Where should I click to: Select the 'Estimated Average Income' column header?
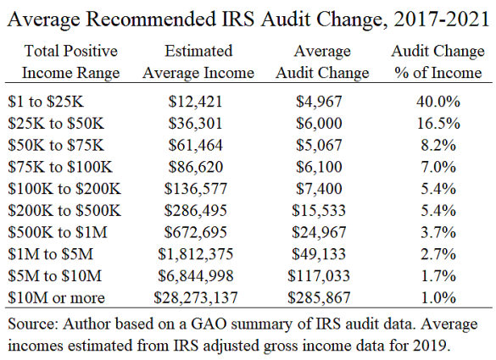tap(198, 62)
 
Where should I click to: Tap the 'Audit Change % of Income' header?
tap(437, 62)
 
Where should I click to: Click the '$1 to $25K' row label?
tap(46, 102)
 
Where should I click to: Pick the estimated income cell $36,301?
tap(195, 124)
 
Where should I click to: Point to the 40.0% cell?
tap(438, 102)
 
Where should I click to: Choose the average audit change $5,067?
tap(319, 145)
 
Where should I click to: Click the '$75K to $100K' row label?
tap(60, 167)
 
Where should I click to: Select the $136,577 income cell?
tap(196, 189)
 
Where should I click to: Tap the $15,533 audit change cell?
tap(319, 211)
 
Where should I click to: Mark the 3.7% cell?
tap(438, 232)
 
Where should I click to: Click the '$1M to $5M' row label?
tap(51, 254)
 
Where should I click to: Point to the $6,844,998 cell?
tap(196, 276)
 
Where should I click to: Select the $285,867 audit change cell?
tap(319, 297)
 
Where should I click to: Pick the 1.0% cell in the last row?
tap(438, 297)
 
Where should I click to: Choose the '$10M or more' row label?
tap(56, 297)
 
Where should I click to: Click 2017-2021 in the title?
tap(442, 19)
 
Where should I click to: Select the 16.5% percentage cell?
tap(438, 124)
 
